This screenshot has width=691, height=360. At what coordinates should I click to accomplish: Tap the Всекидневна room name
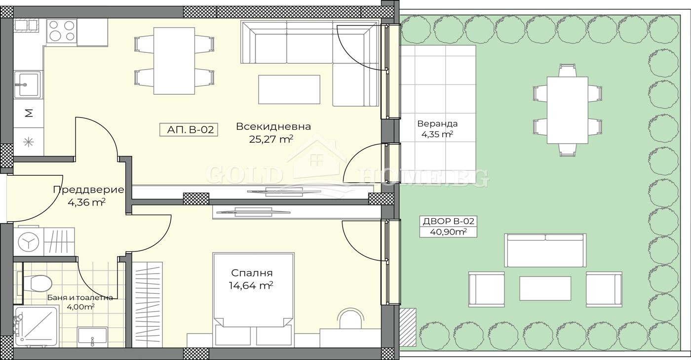coord(273,126)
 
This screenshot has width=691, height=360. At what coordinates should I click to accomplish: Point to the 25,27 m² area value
coord(271,139)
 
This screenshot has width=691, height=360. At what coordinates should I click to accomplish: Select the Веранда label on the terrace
coord(437,124)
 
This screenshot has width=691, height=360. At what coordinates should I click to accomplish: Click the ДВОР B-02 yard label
coord(448,221)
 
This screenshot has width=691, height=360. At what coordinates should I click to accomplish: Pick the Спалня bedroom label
coord(252,273)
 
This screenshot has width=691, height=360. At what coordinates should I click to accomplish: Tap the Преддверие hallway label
coord(88,190)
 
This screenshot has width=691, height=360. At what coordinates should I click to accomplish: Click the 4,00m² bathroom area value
coord(80,307)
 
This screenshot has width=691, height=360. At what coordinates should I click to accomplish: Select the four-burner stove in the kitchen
coord(62,31)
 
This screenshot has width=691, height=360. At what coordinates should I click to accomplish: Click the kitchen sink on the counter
coord(27,84)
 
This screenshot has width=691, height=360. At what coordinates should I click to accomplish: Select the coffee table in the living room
coord(289,89)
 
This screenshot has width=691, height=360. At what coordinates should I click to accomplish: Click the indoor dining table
coord(174,61)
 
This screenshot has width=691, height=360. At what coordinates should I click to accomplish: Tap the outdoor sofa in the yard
coord(545,250)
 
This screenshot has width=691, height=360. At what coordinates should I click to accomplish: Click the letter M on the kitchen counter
coord(29,114)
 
